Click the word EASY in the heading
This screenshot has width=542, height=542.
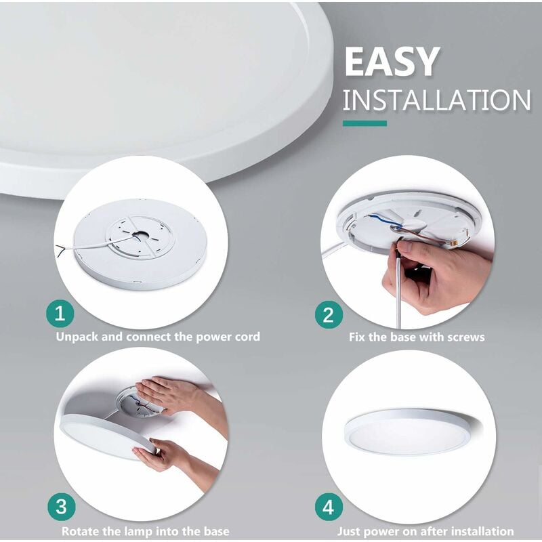pyautogui.click(x=392, y=62)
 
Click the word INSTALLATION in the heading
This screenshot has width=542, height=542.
pyautogui.click(x=436, y=100)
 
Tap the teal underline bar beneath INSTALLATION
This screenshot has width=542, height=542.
pyautogui.click(x=364, y=123)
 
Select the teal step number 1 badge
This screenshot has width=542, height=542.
pyautogui.click(x=60, y=314)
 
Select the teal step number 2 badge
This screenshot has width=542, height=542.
pyautogui.click(x=329, y=315)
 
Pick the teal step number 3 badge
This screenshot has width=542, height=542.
pyautogui.click(x=62, y=507)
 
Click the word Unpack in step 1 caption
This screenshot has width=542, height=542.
pyautogui.click(x=77, y=337)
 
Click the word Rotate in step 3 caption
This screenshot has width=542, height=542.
pyautogui.click(x=79, y=531)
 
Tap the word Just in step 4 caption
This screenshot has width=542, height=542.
pyautogui.click(x=349, y=531)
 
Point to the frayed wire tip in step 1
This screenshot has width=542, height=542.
pyautogui.click(x=60, y=249)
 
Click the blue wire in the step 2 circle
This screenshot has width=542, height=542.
pyautogui.click(x=383, y=222)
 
